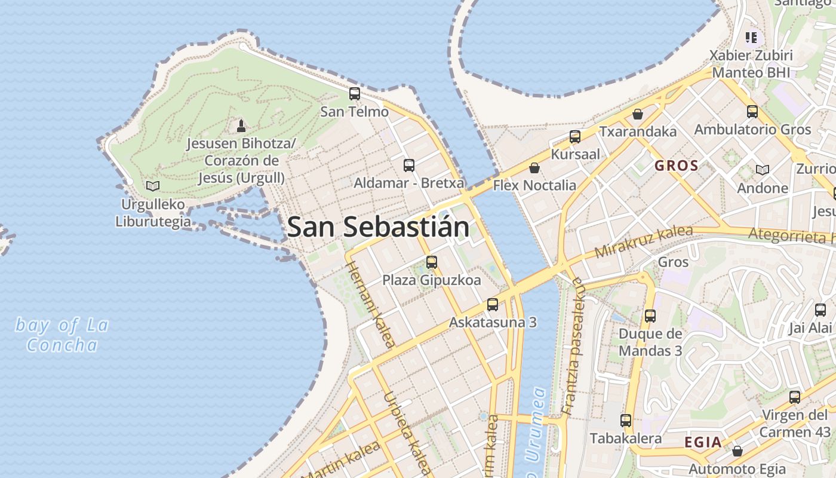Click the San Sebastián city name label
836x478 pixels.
pos(378,227)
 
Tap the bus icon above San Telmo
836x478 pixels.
pos(355,94)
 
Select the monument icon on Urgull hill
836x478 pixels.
pos(241,125)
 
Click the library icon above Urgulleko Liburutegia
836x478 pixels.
pos(153,186)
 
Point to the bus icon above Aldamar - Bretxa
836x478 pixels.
pos(409,166)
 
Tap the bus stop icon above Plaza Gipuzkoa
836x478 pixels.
pos(432,262)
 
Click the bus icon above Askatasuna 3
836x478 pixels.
pos(493,305)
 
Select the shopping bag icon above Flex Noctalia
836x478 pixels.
pos(534,168)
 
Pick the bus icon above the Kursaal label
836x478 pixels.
pos(575,137)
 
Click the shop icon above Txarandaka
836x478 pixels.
pos(638,114)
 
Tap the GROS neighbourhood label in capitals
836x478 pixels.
pos(677,166)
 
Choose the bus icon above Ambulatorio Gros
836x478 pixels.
pos(752,112)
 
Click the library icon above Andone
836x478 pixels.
pos(763,170)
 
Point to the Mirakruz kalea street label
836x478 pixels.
pos(644,241)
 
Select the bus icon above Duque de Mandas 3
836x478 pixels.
pos(650,316)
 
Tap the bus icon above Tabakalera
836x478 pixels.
pos(626,421)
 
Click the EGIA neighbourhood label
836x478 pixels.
pos(703,443)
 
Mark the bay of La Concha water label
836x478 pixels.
pos(62,335)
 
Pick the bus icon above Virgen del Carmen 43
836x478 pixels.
pos(795,397)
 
